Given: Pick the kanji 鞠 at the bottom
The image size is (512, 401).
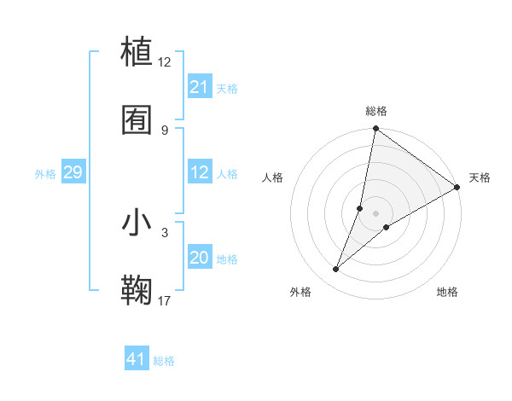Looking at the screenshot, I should pyautogui.click(x=137, y=290).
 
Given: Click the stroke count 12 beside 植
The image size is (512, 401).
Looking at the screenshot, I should pyautogui.click(x=165, y=61).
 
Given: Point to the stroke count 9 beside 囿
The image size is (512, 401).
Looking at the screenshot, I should pyautogui.click(x=165, y=130).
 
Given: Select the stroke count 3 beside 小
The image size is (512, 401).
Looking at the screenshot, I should pyautogui.click(x=165, y=232).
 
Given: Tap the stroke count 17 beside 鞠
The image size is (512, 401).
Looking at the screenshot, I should pyautogui.click(x=165, y=300).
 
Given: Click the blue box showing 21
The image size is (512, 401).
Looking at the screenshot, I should pyautogui.click(x=200, y=87).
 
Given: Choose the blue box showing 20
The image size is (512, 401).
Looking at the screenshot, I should pyautogui.click(x=200, y=258).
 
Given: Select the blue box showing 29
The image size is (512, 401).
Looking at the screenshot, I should pyautogui.click(x=73, y=172).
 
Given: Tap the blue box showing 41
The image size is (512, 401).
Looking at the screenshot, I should pyautogui.click(x=137, y=359).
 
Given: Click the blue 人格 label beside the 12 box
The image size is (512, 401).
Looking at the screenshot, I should pyautogui.click(x=227, y=173).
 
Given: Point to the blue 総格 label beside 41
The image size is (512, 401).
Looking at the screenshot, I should pyautogui.click(x=164, y=361).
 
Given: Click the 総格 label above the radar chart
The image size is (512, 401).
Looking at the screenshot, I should pyautogui.click(x=376, y=111).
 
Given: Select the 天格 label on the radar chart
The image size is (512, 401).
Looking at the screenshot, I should pyautogui.click(x=480, y=177).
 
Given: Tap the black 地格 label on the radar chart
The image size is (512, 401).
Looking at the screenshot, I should pyautogui.click(x=447, y=292).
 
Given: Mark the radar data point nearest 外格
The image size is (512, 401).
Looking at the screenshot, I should pyautogui.click(x=336, y=270).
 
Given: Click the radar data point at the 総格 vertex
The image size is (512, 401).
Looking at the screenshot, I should pyautogui.click(x=375, y=130).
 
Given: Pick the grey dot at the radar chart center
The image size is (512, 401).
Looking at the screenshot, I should pyautogui.click(x=376, y=212).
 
